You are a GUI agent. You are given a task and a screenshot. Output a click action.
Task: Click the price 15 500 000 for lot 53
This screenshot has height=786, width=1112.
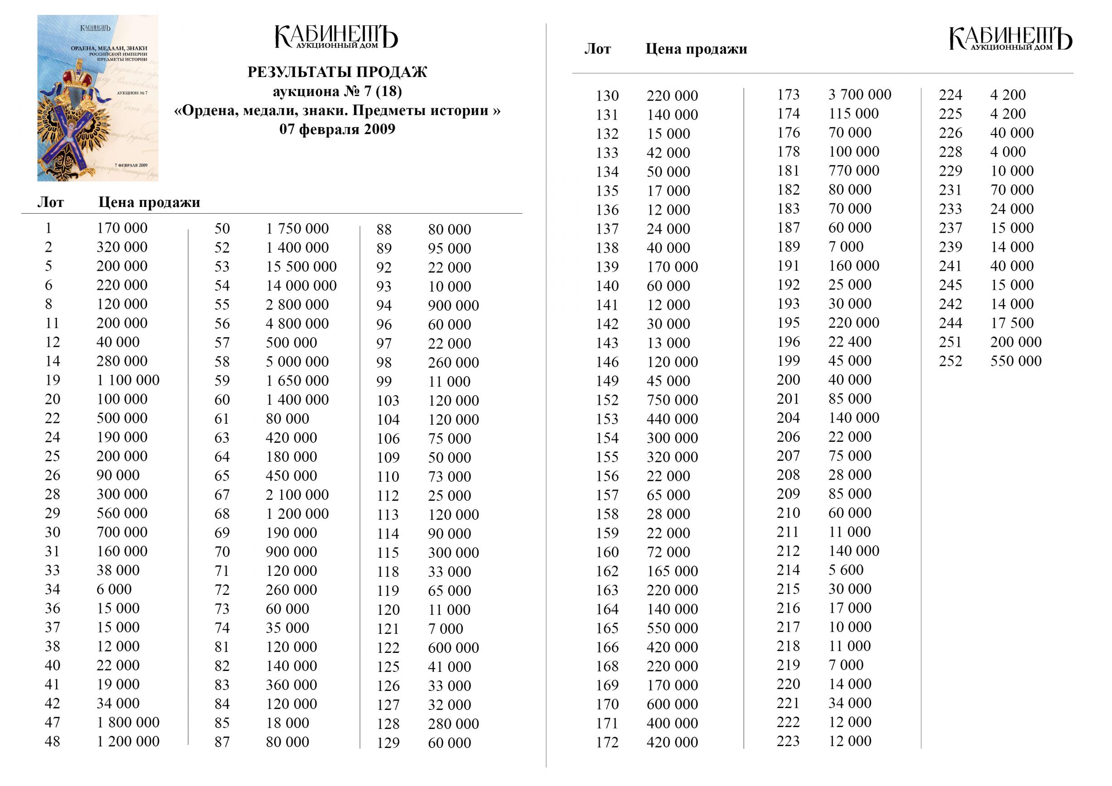tap(301, 266)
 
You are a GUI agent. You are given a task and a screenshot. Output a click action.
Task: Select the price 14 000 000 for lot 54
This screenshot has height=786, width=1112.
tap(301, 285)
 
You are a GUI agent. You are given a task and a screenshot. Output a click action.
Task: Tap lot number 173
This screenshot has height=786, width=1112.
tap(788, 95)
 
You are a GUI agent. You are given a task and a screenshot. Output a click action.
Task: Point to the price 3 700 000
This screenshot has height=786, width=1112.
tap(859, 95)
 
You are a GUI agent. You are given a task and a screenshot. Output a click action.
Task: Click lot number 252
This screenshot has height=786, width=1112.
tap(950, 361)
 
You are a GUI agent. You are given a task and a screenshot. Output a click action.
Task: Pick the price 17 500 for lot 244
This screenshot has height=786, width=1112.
tap(1012, 323)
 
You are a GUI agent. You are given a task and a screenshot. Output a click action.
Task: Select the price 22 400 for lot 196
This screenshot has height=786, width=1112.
tap(849, 342)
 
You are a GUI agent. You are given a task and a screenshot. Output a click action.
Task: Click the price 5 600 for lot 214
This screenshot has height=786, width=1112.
tap(846, 570)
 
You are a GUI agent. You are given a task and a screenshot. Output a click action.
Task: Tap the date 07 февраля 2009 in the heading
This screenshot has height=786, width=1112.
tap(337, 129)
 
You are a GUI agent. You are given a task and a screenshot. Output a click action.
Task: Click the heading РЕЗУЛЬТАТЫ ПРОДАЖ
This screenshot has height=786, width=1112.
tap(337, 72)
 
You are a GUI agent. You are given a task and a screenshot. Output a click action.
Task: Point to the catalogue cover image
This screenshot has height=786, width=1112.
tap(98, 98)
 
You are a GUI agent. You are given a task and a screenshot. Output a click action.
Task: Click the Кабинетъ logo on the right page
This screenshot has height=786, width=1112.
tap(1010, 39)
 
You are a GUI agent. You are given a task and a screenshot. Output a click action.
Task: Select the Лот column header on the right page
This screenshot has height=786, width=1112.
tap(597, 49)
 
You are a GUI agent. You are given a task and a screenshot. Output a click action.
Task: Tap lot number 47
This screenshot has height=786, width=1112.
tap(53, 722)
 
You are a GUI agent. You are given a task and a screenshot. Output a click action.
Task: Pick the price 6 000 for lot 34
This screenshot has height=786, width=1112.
tap(114, 589)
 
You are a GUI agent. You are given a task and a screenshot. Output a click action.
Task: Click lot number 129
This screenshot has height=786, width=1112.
tap(388, 743)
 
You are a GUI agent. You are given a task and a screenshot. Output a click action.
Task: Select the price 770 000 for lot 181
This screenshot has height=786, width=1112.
tap(853, 171)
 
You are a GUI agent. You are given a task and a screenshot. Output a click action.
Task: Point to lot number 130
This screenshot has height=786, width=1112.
tap(607, 96)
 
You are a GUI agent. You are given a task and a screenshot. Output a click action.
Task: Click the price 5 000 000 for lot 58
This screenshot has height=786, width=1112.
tap(297, 361)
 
